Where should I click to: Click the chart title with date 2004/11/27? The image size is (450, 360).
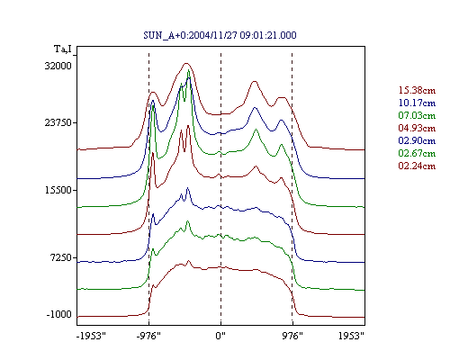click(220, 35)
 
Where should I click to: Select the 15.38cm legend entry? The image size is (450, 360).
click(417, 90)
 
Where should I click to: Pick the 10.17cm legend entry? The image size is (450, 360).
click(417, 103)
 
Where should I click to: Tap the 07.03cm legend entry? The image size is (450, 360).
click(417, 115)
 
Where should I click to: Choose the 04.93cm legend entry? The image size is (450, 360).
click(417, 128)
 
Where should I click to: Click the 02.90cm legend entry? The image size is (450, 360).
click(417, 140)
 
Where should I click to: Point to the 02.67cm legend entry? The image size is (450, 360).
click(417, 153)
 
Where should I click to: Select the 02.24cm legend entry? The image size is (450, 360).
click(417, 166)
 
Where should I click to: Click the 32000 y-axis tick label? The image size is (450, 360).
click(58, 66)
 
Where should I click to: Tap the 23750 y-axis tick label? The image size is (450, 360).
click(58, 123)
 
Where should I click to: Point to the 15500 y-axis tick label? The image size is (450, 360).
click(58, 190)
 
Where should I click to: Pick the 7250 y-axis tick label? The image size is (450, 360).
click(61, 257)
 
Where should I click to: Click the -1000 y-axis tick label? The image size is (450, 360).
click(59, 315)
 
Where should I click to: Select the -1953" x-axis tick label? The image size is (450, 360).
click(92, 336)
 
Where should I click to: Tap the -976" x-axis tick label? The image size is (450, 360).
click(148, 336)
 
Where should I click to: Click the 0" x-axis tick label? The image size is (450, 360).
click(220, 336)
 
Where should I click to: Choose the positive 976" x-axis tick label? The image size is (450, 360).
click(292, 336)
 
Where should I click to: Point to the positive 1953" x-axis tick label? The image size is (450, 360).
click(351, 336)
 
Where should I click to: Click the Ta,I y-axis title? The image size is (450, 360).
click(63, 49)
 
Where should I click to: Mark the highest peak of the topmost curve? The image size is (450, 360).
click(186, 63)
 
